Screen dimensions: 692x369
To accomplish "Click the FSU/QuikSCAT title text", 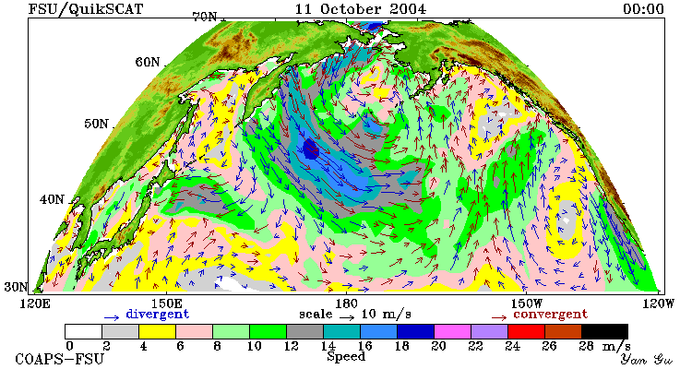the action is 86,9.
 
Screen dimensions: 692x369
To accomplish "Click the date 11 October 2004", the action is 361,9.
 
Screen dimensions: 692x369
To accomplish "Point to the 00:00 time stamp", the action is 643,9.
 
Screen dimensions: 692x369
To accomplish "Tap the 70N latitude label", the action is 205,17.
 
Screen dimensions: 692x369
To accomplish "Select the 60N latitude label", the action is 148,62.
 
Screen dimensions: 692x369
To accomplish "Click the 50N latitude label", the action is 96,124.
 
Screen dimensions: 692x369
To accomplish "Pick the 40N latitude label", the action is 52,199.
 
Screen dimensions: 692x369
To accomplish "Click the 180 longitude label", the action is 346,304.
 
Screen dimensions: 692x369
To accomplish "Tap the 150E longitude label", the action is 166,304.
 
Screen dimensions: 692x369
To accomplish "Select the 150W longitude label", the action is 527,304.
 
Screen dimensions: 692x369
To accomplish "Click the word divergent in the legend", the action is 158,315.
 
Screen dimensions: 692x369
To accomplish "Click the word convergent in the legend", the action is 550,315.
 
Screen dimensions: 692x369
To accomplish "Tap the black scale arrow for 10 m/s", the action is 347,317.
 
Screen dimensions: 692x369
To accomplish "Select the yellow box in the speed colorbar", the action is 157,331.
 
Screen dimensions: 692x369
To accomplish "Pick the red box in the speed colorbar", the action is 526,331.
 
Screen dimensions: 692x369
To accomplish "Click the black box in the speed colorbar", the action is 604,331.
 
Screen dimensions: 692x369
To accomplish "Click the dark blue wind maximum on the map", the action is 311,149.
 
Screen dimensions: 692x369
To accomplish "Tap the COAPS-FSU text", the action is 60,359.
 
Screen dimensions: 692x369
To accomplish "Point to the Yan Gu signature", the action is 646,359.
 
